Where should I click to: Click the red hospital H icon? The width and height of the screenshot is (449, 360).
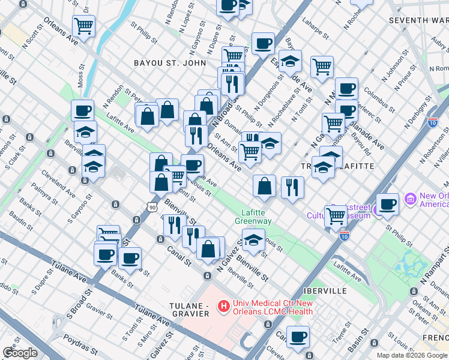pos(224,307)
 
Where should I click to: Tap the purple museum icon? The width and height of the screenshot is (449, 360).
pos(411,198)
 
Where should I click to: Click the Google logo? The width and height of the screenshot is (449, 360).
pos(20,353)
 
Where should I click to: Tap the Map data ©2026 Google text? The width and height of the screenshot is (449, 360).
pos(412,355)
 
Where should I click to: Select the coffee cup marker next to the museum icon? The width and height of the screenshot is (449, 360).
pos(387,205)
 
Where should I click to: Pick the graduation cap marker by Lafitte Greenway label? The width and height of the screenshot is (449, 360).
pos(253,241)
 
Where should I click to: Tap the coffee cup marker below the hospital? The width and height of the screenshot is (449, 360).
pos(298,337)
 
